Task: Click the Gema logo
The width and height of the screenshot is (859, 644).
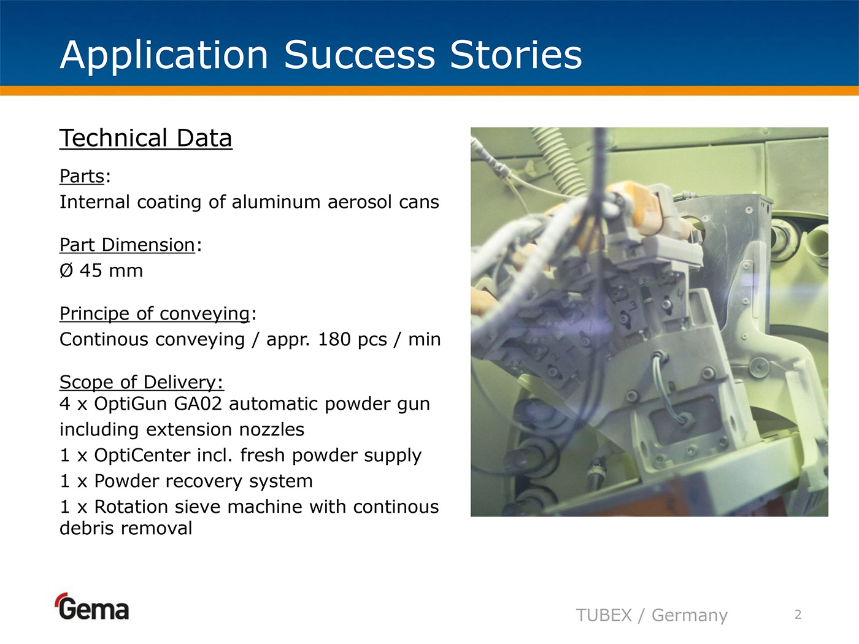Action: point(91,607)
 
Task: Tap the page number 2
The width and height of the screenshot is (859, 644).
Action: point(798,615)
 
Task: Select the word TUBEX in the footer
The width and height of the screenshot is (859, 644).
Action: point(604,615)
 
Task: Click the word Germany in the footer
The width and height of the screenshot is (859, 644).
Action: point(690,616)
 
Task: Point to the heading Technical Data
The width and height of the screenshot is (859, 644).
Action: point(145,138)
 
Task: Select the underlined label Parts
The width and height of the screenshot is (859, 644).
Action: point(82,177)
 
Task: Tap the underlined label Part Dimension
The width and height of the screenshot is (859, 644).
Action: point(127,245)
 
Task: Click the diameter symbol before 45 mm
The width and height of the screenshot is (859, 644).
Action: point(66,270)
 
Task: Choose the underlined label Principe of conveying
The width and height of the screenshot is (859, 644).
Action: point(155,314)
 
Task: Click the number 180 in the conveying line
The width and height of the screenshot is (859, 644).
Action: point(334,339)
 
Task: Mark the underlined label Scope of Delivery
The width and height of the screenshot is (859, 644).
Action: point(142,382)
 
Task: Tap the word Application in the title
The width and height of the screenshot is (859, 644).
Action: point(164,56)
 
